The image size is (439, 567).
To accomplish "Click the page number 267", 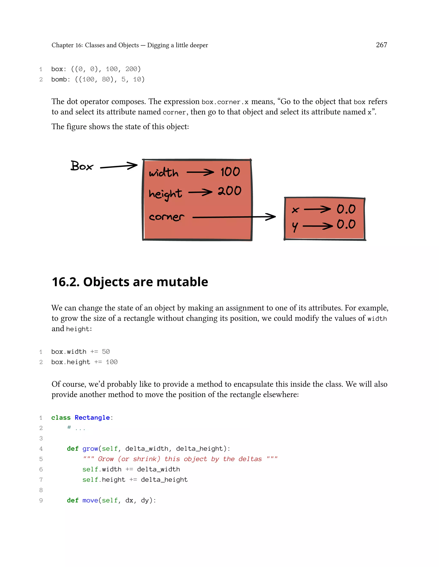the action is [x=381, y=45].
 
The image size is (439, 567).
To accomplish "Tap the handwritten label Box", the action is [x=82, y=166].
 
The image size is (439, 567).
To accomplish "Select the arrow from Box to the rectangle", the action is [x=119, y=166].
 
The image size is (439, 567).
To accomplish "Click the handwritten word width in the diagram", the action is [x=164, y=173].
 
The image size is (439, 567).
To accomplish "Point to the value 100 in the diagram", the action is [x=230, y=172].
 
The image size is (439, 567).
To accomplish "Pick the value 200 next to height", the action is [x=229, y=191].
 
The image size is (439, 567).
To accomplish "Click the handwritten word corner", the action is [x=166, y=217].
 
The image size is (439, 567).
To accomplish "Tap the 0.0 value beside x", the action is [x=346, y=209].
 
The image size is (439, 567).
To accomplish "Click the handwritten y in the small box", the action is [x=295, y=227].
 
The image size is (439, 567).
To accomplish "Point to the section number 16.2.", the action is [x=65, y=282].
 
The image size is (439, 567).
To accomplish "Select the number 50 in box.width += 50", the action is [x=106, y=352].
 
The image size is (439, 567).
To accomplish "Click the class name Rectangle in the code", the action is [x=92, y=417].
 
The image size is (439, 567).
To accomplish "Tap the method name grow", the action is [x=90, y=449].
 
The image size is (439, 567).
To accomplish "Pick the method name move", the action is [x=90, y=500].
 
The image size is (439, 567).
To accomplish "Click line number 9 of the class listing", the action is [x=41, y=500].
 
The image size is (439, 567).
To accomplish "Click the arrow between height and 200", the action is [x=200, y=193].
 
